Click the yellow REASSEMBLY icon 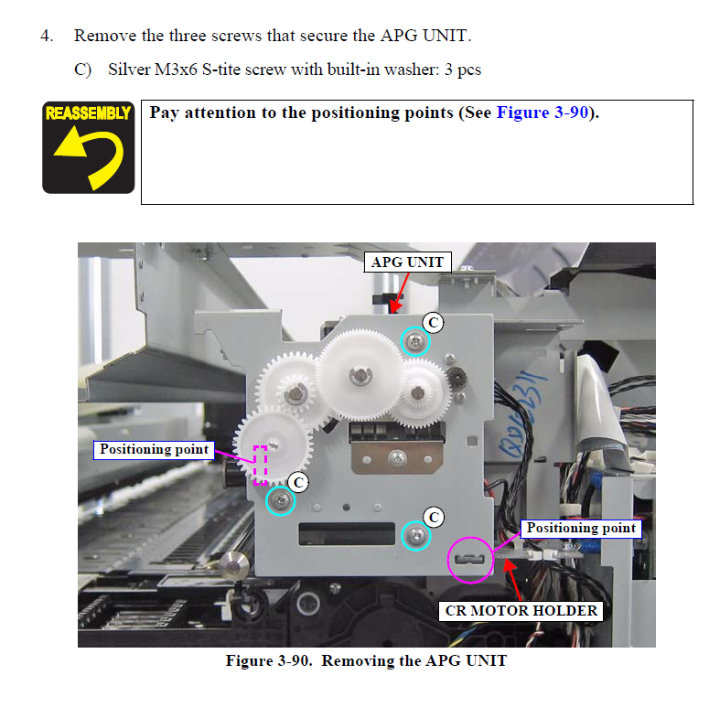[89, 147]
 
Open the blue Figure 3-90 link [542, 113]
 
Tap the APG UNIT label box [407, 262]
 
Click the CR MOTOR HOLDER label [521, 611]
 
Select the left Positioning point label [154, 450]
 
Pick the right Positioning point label [581, 528]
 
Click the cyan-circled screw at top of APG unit [415, 341]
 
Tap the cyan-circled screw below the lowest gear [280, 500]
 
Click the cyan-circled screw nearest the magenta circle [416, 535]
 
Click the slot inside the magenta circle [469, 560]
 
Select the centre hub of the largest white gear [360, 375]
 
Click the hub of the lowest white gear [274, 444]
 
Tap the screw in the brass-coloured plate [397, 457]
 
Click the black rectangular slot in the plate [346, 534]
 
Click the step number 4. [47, 36]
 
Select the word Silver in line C [130, 70]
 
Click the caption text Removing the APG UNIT [414, 660]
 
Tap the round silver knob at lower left [234, 566]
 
